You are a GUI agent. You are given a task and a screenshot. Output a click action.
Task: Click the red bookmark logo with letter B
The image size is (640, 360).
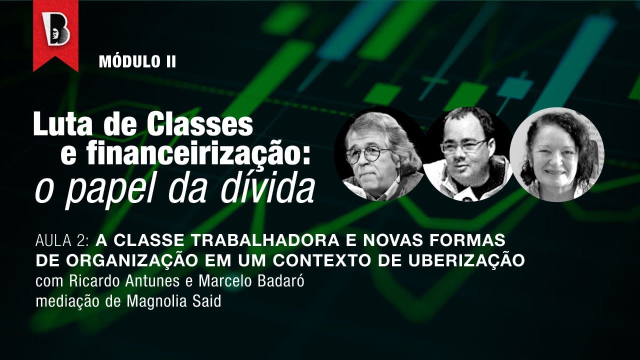pyautogui.click(x=55, y=32)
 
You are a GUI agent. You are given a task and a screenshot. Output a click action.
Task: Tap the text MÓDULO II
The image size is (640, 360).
pyautogui.click(x=137, y=61)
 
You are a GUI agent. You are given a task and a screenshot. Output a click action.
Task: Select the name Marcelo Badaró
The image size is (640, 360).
pyautogui.click(x=251, y=281)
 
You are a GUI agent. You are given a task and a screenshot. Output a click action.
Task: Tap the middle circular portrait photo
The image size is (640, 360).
pyautogui.click(x=468, y=153)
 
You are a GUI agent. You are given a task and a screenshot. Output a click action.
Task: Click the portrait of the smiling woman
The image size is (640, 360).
pyautogui.click(x=556, y=154)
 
